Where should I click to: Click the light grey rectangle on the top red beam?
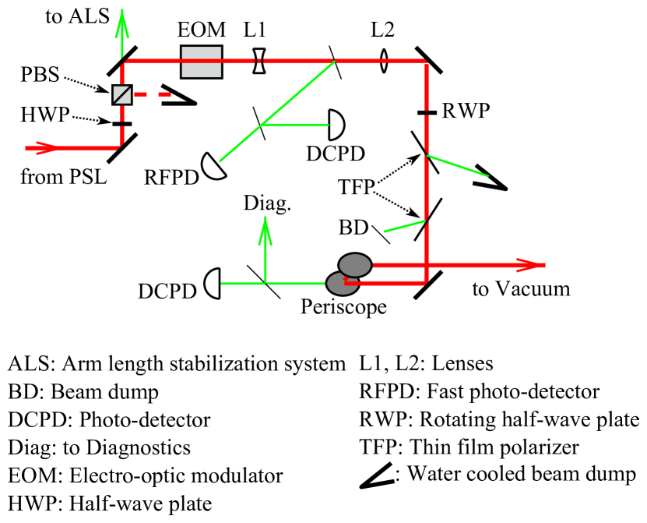[201, 62]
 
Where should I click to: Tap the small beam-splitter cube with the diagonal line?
[122, 94]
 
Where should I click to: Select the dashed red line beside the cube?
[153, 95]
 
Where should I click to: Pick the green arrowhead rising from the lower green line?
[265, 231]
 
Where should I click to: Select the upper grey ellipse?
[355, 265]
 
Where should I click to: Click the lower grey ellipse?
[342, 284]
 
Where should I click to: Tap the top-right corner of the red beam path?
[426, 62]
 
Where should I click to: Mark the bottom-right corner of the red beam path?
[426, 283]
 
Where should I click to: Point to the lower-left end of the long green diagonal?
[220, 161]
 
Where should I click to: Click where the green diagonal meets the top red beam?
[334, 62]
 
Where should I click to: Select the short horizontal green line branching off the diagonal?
[296, 125]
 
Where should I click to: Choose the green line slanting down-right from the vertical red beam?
[458, 165]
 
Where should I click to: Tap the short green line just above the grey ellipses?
[405, 227]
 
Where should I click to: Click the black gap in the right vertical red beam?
[427, 113]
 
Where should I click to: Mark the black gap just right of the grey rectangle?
[259, 61]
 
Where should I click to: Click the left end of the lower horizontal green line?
[223, 284]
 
